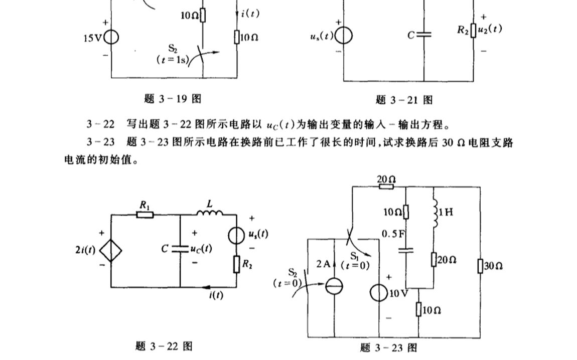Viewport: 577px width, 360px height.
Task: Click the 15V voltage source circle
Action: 111,38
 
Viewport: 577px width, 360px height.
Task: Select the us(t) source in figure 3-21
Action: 344,37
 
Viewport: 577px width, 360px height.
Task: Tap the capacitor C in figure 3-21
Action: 424,35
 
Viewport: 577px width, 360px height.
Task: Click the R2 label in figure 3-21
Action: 463,30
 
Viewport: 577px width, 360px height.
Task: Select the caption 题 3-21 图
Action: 404,100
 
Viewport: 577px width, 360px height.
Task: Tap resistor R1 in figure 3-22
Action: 145,215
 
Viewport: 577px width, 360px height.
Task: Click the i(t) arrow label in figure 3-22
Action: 216,295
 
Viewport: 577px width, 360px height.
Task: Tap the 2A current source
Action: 334,287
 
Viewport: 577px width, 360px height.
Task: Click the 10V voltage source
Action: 379,292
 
